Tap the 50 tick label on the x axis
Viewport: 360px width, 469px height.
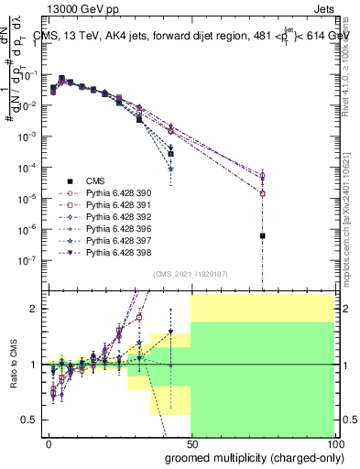coord(191,443)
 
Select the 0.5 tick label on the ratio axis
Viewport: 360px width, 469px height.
coord(31,420)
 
